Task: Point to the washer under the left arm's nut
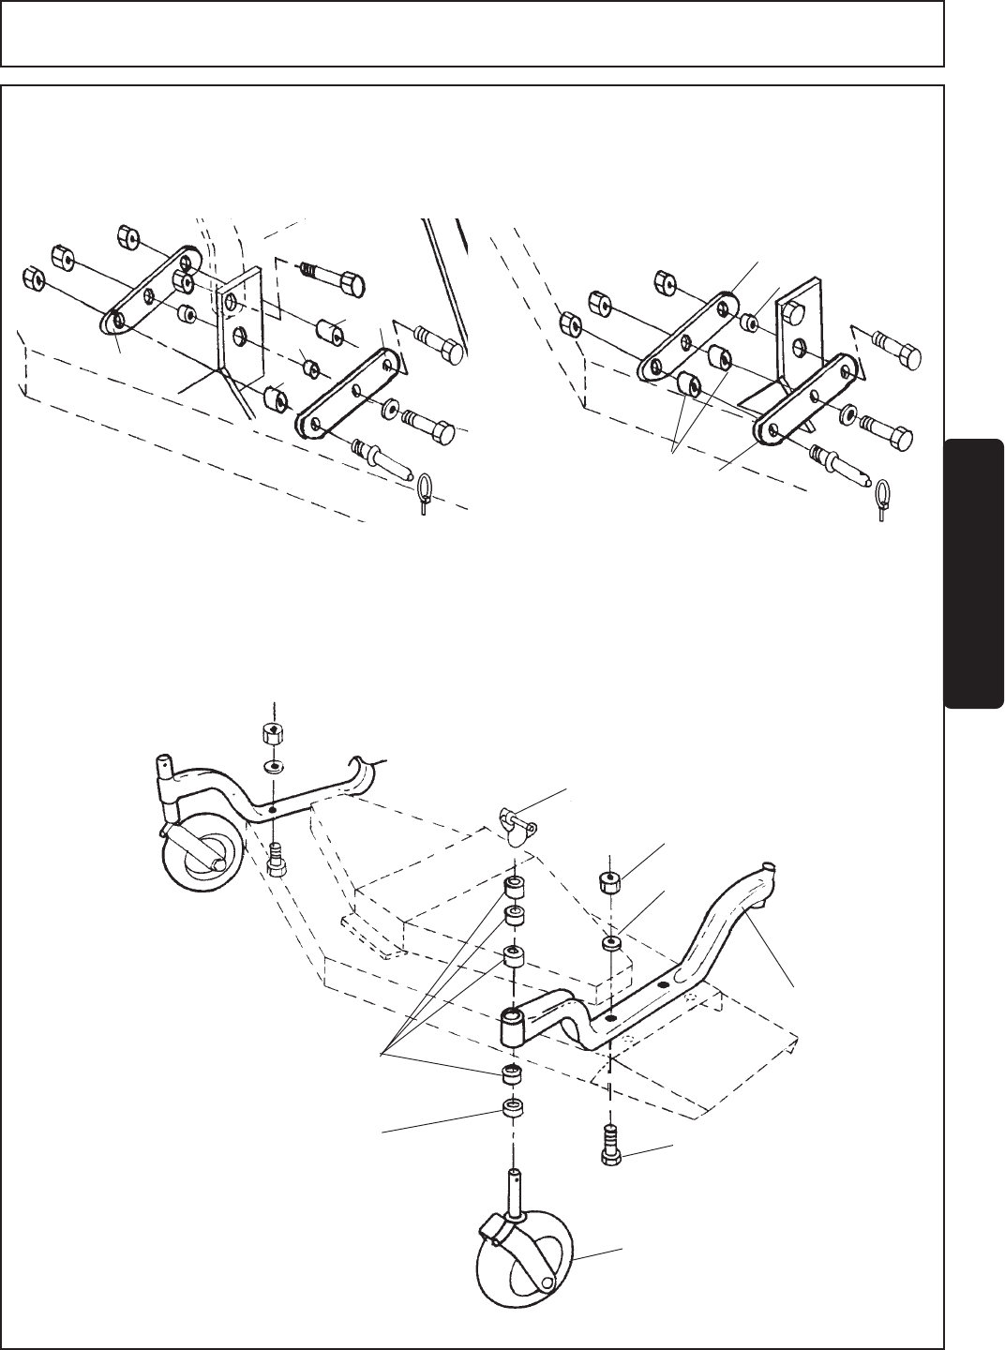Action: click(x=273, y=767)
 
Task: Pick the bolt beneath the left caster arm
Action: click(x=277, y=860)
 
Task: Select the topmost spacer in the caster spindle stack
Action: click(x=514, y=888)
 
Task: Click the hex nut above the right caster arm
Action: click(x=612, y=880)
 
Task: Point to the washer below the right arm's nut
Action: click(x=612, y=941)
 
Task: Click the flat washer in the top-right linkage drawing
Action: click(x=848, y=412)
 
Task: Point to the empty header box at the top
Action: click(x=471, y=33)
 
